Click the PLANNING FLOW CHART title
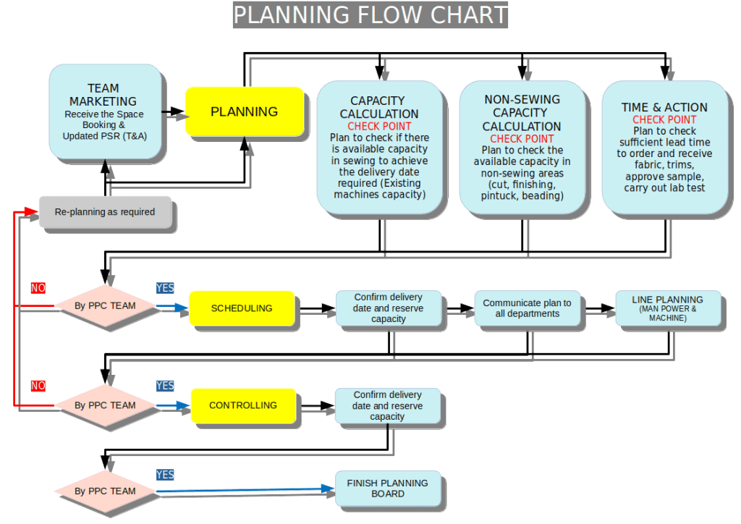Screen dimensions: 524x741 [x=370, y=14]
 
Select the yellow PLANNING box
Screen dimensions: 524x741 [x=244, y=111]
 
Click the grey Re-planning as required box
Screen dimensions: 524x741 [x=105, y=212]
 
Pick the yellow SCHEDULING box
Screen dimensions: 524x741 [x=242, y=308]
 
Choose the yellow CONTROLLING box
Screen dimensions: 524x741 [x=243, y=405]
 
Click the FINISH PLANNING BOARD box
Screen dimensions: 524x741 [x=387, y=489]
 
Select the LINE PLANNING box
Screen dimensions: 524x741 [x=667, y=308]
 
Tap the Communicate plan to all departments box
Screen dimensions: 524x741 [x=527, y=308]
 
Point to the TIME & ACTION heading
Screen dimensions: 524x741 [x=664, y=107]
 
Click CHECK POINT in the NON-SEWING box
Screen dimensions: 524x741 [x=522, y=139]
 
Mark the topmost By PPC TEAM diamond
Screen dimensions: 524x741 [x=105, y=306]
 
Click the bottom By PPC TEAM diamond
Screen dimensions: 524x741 [x=105, y=491]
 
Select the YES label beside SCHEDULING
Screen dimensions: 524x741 [x=165, y=288]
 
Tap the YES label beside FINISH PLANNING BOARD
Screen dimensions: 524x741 [x=165, y=475]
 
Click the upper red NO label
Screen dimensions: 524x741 [x=38, y=288]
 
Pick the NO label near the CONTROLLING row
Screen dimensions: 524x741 [x=38, y=386]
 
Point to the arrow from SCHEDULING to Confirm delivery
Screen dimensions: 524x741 [x=316, y=309]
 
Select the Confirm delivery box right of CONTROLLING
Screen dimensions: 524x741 [x=387, y=406]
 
